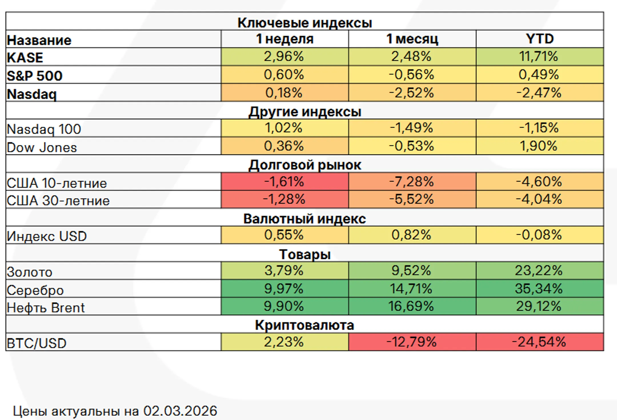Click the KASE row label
[25, 57]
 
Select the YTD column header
[540, 39]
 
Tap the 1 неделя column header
[285, 39]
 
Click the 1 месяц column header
[412, 39]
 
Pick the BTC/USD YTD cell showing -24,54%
[539, 342]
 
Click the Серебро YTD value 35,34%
[539, 288]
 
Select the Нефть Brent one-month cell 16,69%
[411, 306]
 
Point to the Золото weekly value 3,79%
[284, 270]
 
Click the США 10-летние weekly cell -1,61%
[284, 182]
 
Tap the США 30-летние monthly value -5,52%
[411, 199]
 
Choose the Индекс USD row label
[47, 236]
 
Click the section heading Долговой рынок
[305, 165]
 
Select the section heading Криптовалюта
[305, 325]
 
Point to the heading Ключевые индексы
[305, 23]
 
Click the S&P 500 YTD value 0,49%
[539, 75]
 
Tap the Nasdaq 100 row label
[44, 129]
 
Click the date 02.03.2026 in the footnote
[180, 411]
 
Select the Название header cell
[39, 40]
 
